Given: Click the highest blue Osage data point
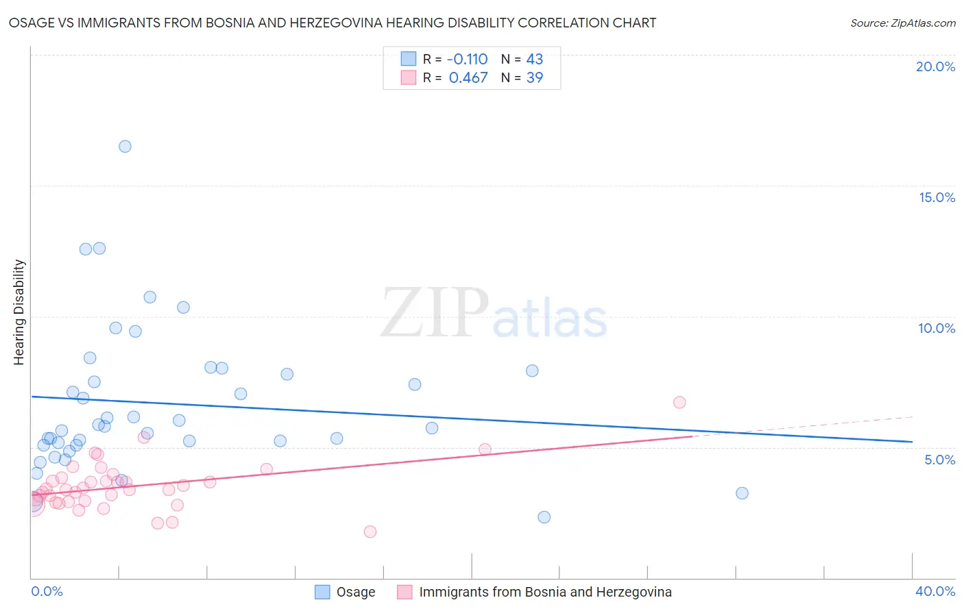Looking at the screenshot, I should [x=125, y=147].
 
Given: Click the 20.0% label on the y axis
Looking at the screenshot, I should [x=935, y=66].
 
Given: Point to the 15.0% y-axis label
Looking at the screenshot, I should [x=937, y=197].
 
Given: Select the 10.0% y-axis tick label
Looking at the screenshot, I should [x=937, y=328].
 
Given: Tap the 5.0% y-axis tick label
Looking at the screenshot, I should [x=939, y=460].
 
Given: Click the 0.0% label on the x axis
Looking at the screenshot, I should [x=47, y=591].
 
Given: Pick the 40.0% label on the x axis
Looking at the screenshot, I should [x=935, y=591].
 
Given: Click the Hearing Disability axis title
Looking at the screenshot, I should [x=19, y=312].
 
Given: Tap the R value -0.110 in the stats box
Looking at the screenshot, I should [x=467, y=60].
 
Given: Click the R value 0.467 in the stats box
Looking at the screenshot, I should [x=468, y=78].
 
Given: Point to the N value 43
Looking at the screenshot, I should [x=534, y=60].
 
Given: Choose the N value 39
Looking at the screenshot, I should [x=534, y=78].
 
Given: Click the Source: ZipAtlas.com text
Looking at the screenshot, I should [x=902, y=23].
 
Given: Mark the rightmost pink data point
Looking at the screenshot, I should [x=679, y=402].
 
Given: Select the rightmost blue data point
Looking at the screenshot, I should [x=742, y=493].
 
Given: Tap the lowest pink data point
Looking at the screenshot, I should [x=370, y=532].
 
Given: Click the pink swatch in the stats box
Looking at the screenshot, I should [x=409, y=78].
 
